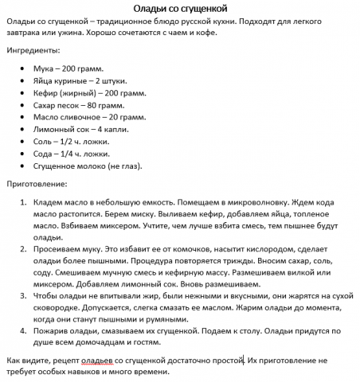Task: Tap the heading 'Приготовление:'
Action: (x=41, y=182)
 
